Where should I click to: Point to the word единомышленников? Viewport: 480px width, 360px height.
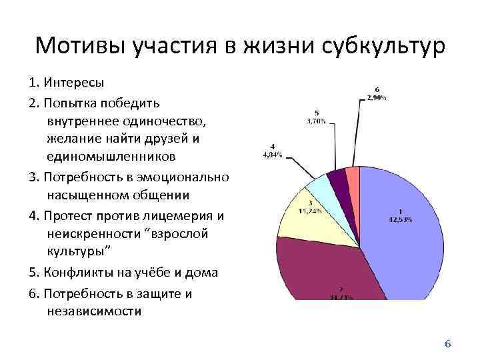tap(112, 157)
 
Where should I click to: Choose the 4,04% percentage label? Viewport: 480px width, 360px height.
tap(271, 155)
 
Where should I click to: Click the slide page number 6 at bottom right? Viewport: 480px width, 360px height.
tap(448, 344)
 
